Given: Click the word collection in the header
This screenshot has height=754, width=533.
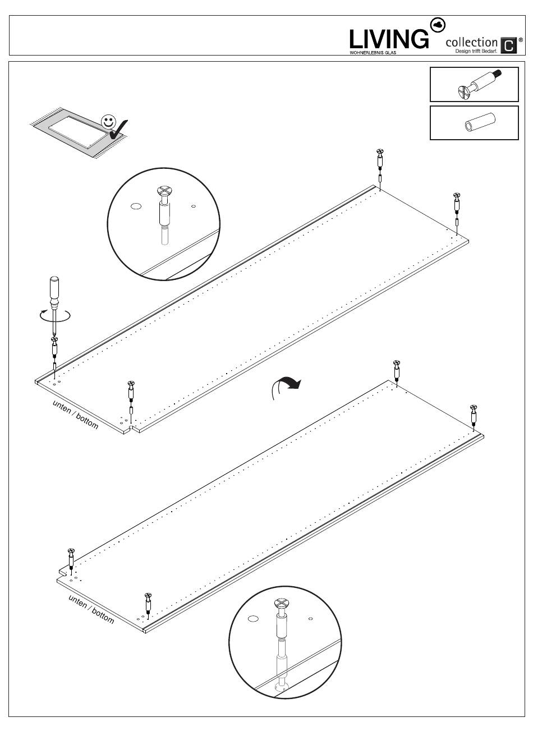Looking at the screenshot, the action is click(x=471, y=43).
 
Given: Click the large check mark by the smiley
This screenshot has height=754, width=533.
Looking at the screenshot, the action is click(x=119, y=130).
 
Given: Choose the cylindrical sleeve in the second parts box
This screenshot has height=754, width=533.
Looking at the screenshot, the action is click(x=477, y=123).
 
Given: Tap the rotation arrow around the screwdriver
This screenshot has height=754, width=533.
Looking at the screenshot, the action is click(x=56, y=317).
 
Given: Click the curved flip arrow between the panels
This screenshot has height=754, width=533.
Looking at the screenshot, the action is click(x=286, y=385).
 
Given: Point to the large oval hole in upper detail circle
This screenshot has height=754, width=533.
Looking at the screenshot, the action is click(x=135, y=206).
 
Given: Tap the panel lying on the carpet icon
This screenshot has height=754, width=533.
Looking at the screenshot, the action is click(x=77, y=130).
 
